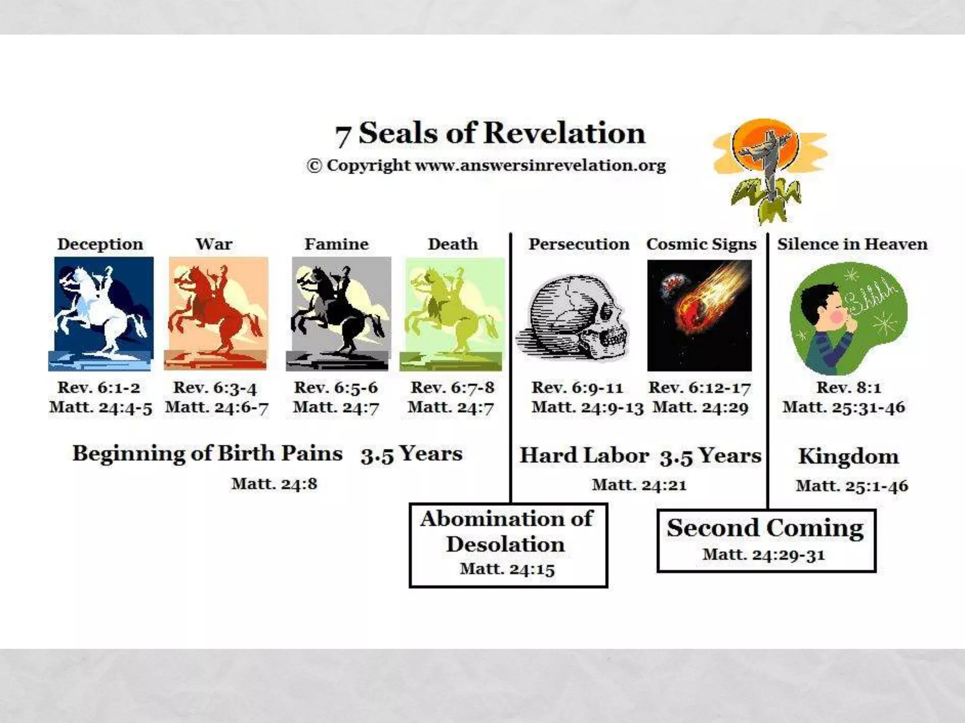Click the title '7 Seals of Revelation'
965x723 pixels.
click(x=490, y=133)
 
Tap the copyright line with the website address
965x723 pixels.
click(x=486, y=166)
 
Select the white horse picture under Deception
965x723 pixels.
click(x=102, y=313)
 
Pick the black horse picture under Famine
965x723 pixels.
click(x=339, y=313)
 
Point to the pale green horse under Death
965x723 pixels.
click(x=452, y=313)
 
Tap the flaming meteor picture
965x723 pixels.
click(x=699, y=315)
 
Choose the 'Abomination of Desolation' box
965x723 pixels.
click(x=508, y=545)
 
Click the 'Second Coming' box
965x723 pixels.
click(x=766, y=540)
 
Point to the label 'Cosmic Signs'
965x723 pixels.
click(x=701, y=244)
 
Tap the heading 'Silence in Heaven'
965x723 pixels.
click(x=852, y=244)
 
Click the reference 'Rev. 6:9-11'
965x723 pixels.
click(x=577, y=388)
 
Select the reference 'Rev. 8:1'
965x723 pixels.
click(x=848, y=388)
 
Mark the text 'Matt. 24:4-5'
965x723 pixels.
click(x=101, y=408)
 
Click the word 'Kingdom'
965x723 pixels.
click(x=848, y=457)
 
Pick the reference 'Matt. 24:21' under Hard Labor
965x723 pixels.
click(x=639, y=485)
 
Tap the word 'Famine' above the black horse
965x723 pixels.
click(x=336, y=244)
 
